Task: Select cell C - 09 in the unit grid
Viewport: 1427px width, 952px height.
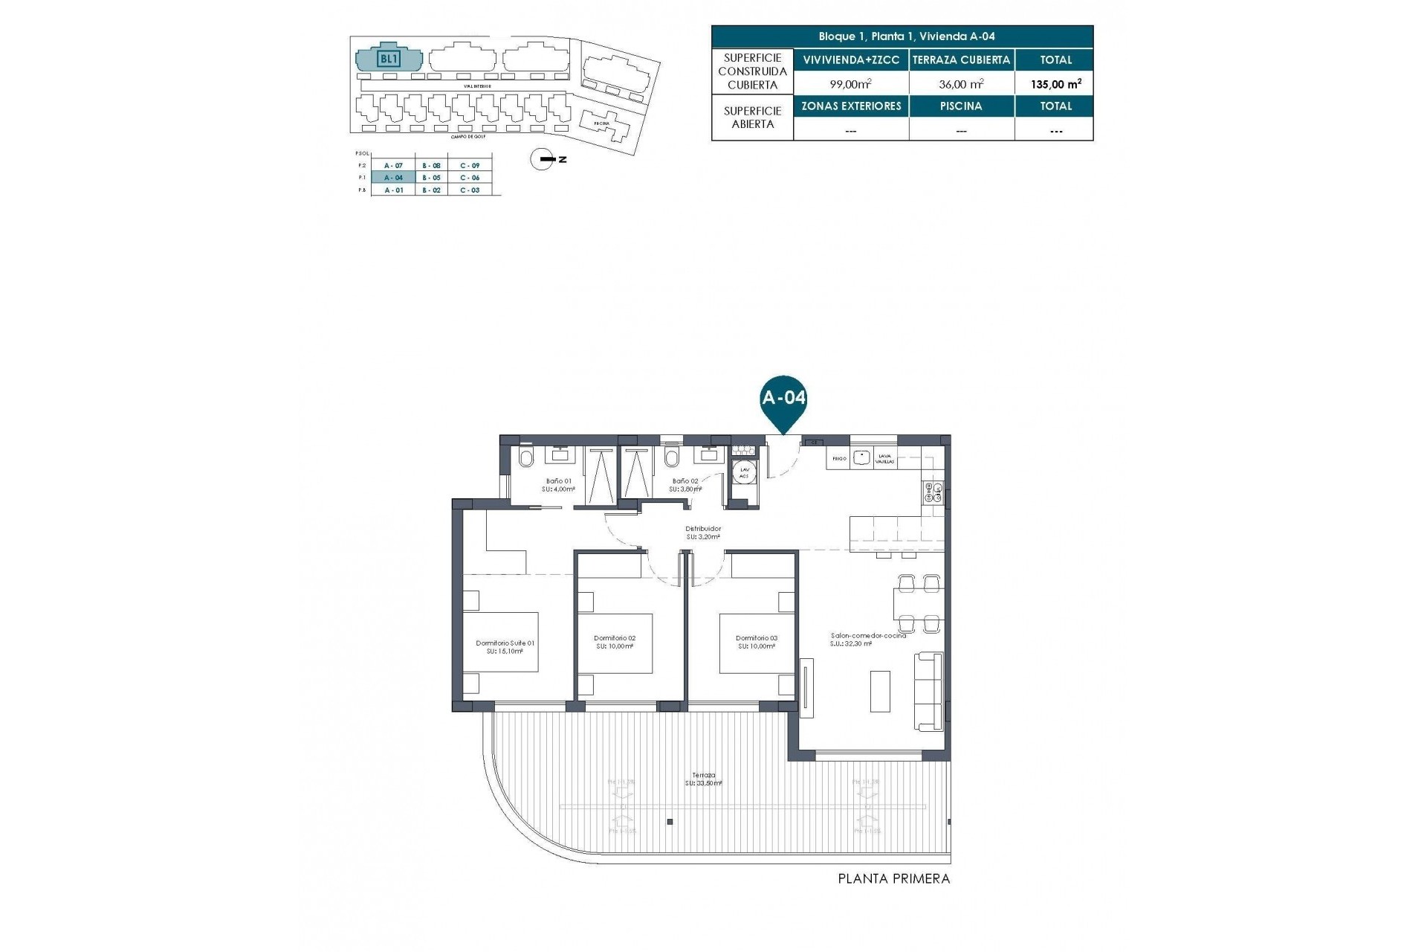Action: point(470,165)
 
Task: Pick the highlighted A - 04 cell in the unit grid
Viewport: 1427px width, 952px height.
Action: point(393,178)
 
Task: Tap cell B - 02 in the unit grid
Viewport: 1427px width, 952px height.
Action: point(431,190)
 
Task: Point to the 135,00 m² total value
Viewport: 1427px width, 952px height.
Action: point(1055,84)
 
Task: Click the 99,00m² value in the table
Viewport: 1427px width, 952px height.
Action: point(850,84)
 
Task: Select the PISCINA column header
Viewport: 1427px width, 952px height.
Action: point(961,106)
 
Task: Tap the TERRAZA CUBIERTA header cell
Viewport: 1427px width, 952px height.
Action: point(961,59)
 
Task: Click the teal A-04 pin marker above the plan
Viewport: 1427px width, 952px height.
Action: point(783,402)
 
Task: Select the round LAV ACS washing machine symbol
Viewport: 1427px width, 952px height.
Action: point(743,472)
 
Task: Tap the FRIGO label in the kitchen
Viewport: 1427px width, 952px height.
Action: point(839,459)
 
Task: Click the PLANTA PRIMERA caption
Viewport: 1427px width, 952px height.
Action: point(893,878)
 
